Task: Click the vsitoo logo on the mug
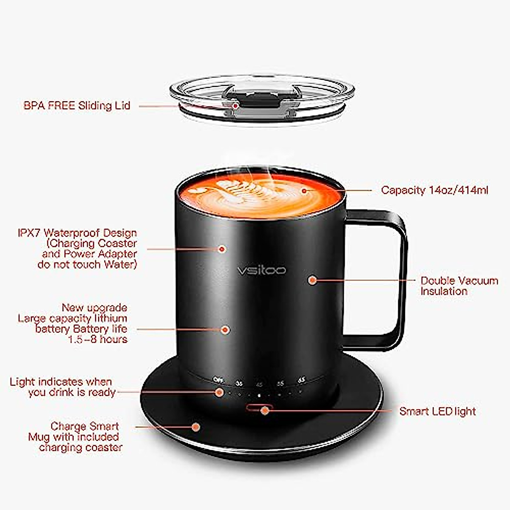tap(261, 270)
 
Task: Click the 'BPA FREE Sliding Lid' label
tap(77, 106)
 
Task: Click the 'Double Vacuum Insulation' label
tap(459, 286)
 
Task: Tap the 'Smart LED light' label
tap(437, 411)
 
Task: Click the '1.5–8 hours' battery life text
tap(97, 339)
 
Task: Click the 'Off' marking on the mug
tap(218, 380)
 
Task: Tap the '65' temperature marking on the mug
tap(302, 380)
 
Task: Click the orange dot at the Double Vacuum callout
tap(312, 280)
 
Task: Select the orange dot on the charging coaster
tap(196, 427)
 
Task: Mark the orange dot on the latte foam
tap(304, 190)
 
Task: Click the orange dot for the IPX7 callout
tap(221, 249)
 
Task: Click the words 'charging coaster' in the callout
tap(81, 448)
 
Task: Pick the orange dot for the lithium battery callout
tap(225, 329)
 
